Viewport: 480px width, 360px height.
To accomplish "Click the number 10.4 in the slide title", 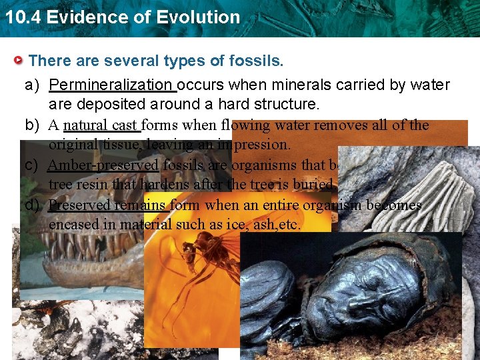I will pos(24,17).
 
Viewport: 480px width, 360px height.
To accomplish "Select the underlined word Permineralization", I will pos(111,85).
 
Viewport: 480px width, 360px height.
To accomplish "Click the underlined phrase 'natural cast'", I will pos(101,125).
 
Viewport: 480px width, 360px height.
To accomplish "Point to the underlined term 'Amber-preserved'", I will pos(103,165).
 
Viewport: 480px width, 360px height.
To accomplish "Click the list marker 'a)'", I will pos(33,85).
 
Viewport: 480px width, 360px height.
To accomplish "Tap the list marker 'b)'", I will pos(33,125).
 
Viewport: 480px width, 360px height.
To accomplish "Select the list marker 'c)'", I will pos(33,165).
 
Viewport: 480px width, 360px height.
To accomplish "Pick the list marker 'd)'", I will pos(33,205).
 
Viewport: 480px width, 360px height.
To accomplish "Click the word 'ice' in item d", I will pos(258,225).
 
